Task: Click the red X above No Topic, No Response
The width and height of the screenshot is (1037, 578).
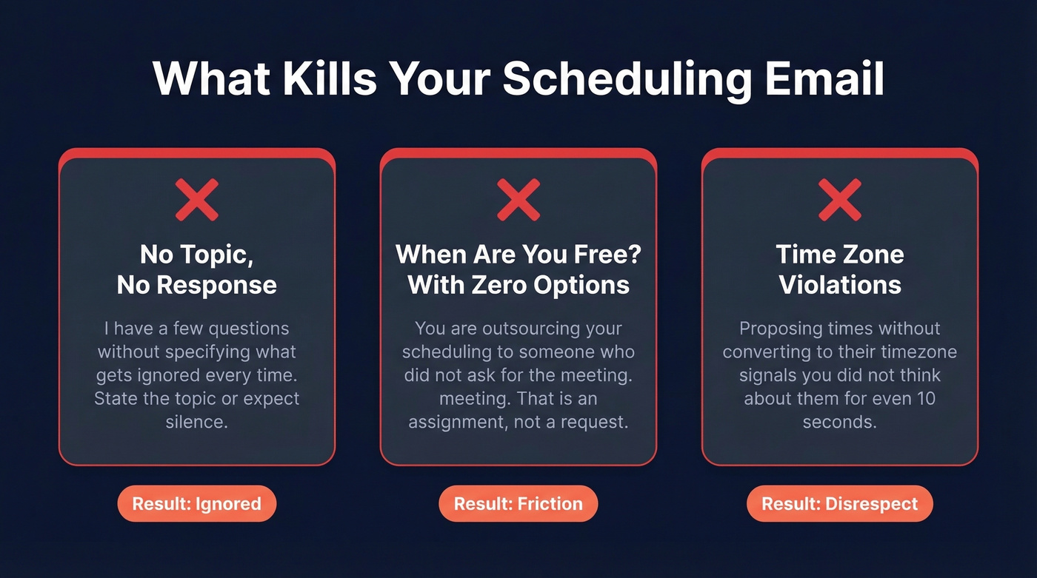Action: pos(197,200)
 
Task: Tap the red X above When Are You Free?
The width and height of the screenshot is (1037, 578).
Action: pos(518,200)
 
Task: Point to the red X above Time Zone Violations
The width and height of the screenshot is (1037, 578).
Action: pos(840,200)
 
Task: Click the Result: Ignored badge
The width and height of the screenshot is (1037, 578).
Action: pos(197,504)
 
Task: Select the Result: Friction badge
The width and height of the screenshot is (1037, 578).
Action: pos(518,504)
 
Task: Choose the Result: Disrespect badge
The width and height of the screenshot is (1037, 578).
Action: pos(840,504)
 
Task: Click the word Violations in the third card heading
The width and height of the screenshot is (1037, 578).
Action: pos(840,285)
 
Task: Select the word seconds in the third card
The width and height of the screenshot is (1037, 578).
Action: pos(840,422)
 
